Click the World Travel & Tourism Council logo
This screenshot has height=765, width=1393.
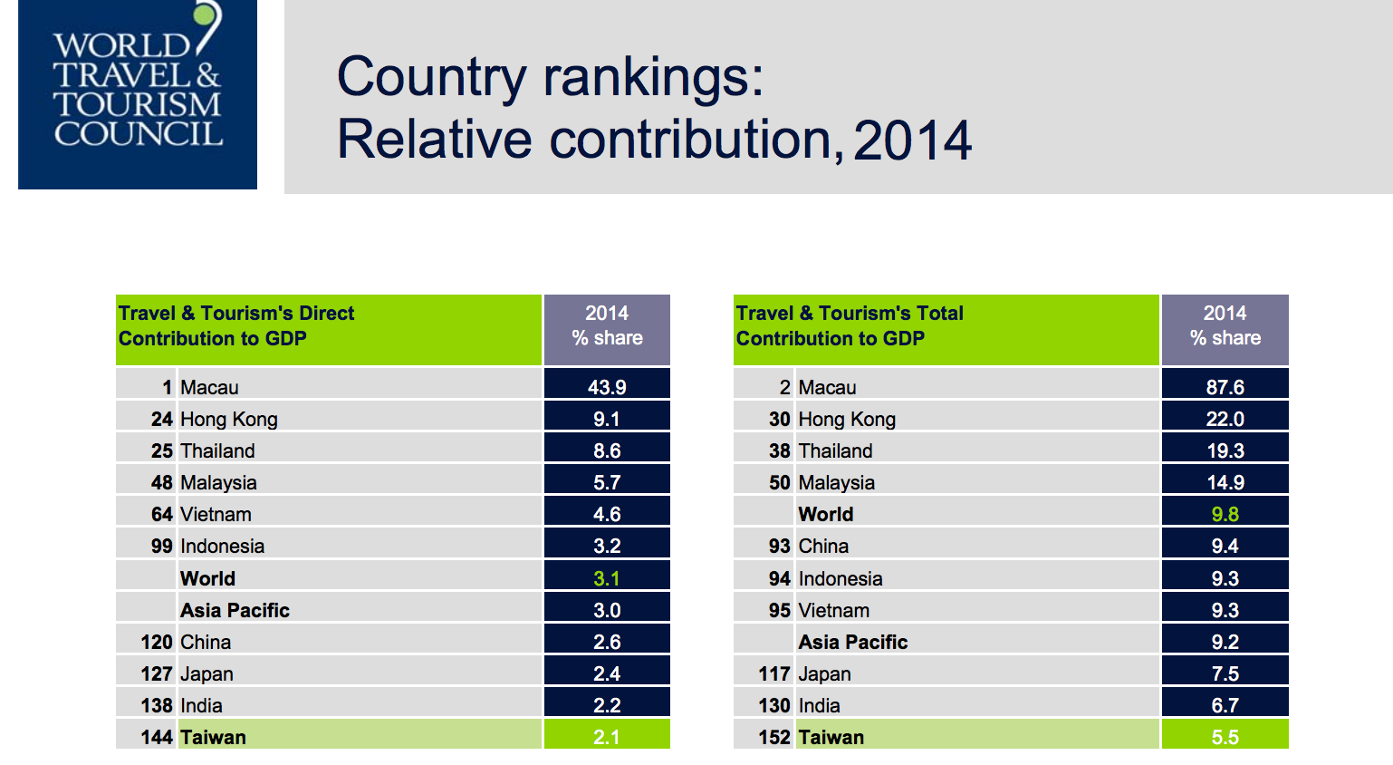click(138, 94)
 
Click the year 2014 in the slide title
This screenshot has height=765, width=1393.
click(912, 140)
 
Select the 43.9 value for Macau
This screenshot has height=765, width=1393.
click(607, 387)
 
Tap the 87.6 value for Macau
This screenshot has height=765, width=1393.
click(1225, 387)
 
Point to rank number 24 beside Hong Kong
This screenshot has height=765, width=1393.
click(161, 419)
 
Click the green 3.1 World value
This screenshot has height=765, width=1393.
click(607, 578)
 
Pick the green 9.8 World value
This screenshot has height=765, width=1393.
click(1225, 514)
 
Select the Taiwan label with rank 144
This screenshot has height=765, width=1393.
click(213, 737)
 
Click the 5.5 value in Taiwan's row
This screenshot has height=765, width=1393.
click(1225, 737)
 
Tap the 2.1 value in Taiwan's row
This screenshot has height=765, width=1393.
click(607, 737)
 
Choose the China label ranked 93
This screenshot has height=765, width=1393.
click(823, 546)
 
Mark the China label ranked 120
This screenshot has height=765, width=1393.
click(206, 642)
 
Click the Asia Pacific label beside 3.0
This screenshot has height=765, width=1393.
click(235, 610)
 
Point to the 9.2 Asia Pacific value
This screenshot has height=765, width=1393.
click(1225, 642)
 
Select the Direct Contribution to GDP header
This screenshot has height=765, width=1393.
click(236, 326)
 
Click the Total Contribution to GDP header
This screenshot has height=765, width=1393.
click(850, 326)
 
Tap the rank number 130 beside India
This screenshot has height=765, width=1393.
click(774, 705)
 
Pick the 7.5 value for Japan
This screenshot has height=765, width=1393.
click(1225, 673)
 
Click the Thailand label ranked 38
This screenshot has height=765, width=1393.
click(835, 450)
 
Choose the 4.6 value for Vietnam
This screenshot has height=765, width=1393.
click(607, 514)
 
